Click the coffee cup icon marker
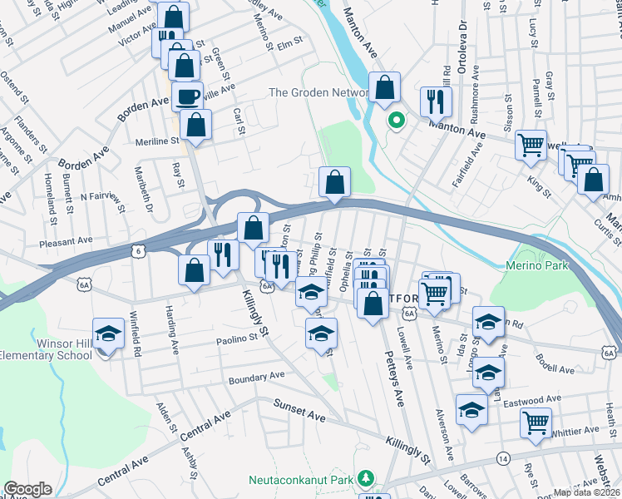[x=187, y=96]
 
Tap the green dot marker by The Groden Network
[x=397, y=121]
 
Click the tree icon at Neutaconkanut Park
[x=364, y=478]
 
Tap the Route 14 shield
[x=503, y=457]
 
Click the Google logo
[x=27, y=489]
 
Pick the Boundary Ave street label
[x=257, y=378]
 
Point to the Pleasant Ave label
[x=67, y=240]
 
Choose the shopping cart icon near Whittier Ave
[x=536, y=422]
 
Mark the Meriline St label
[x=158, y=141]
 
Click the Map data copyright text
[x=585, y=492]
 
